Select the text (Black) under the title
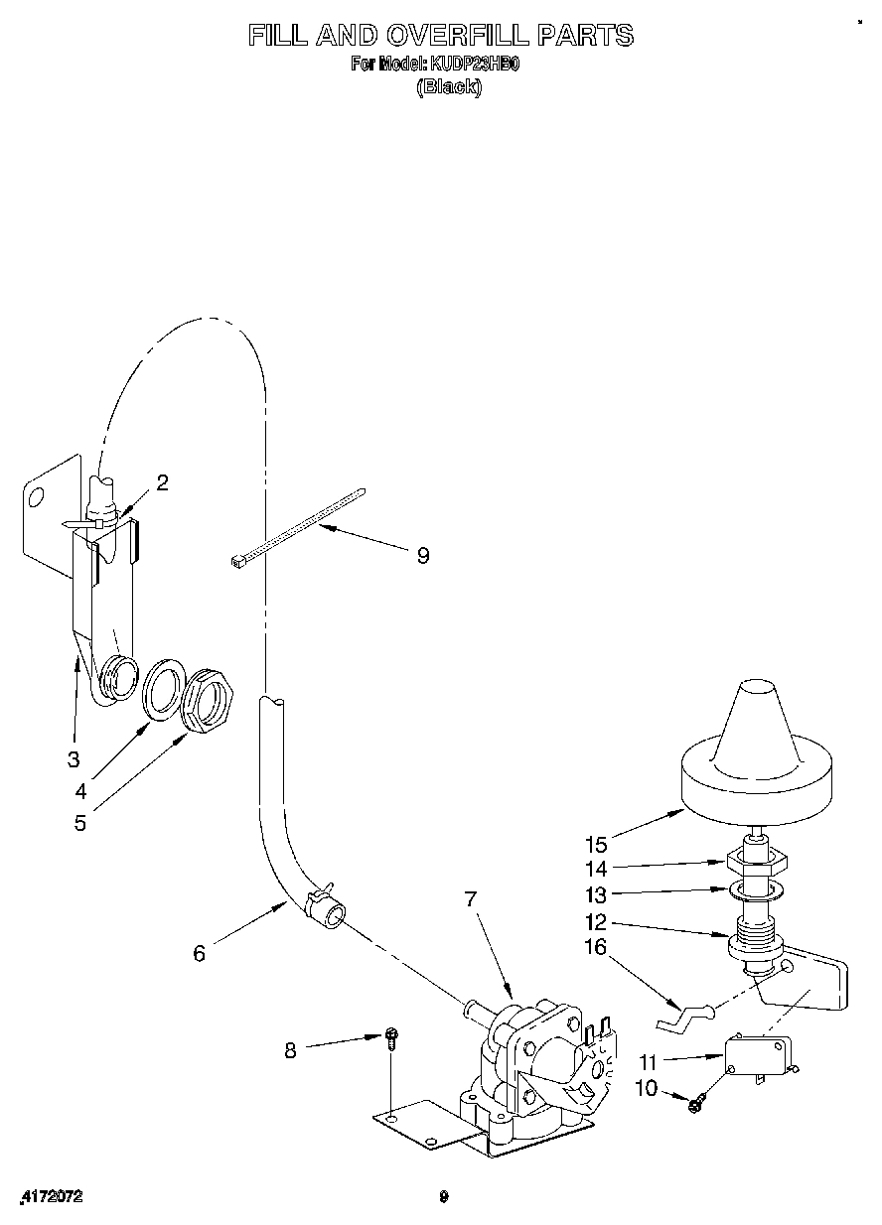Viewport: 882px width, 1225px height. point(449,86)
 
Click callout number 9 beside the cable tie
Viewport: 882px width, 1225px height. point(423,556)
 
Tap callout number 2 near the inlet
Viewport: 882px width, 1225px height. point(162,482)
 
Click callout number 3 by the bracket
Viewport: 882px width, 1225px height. point(73,759)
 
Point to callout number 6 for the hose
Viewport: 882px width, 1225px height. point(200,953)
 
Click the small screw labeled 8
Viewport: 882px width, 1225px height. point(392,1038)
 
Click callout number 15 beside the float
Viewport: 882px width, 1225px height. point(596,845)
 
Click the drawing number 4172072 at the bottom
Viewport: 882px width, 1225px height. point(51,1197)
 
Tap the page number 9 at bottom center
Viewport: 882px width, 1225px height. point(444,1197)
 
